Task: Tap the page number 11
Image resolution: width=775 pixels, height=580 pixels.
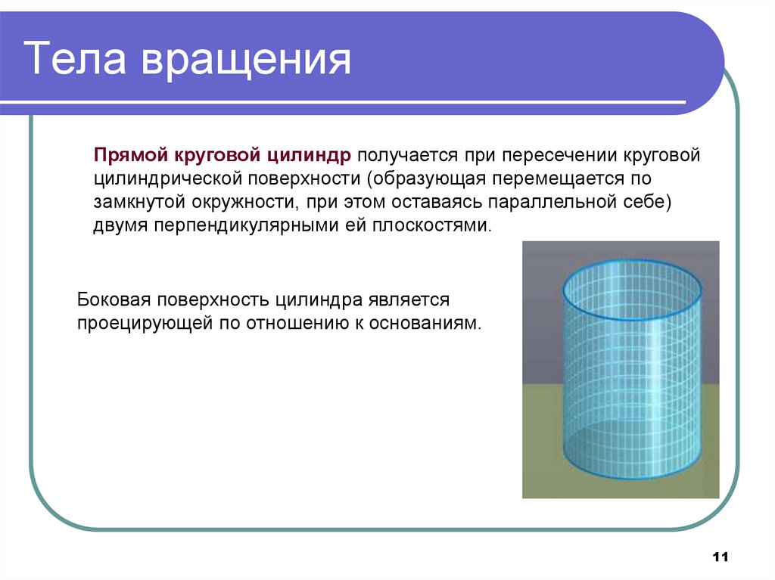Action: [720, 557]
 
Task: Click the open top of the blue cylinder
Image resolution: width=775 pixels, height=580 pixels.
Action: [633, 289]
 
